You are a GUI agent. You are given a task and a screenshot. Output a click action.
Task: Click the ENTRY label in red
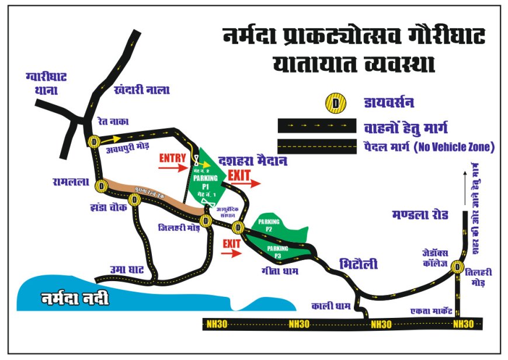coord(172,158)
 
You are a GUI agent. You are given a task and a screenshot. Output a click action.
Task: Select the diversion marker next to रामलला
coord(102,186)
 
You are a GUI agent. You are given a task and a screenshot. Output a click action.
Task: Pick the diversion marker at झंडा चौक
coord(135,200)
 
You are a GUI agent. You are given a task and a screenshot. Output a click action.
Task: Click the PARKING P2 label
coord(269,226)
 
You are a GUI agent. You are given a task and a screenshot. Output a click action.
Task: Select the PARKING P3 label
coord(279,252)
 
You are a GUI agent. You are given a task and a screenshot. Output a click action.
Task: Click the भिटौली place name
coord(359,264)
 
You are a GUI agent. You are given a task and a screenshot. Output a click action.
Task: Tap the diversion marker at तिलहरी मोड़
coord(457,268)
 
